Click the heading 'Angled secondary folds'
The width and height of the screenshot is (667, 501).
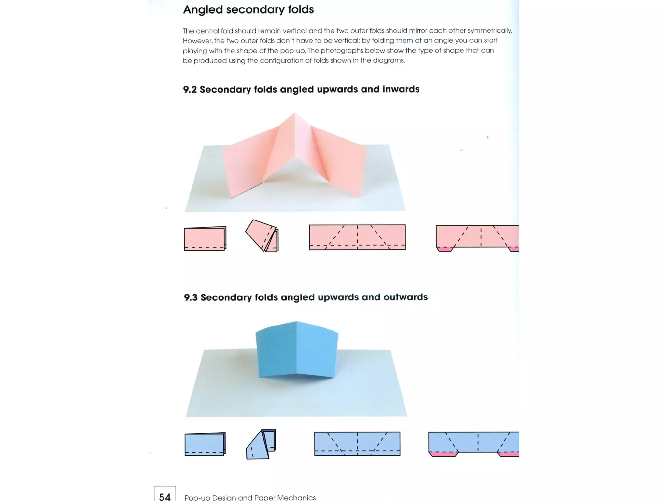coord(248,9)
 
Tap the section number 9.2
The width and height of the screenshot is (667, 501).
coord(190,89)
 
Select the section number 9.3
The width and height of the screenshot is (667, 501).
coord(191,297)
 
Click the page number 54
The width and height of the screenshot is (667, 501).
coord(165,496)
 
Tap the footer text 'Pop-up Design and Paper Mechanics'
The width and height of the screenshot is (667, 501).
coord(250,497)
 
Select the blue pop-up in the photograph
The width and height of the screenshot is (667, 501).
coord(296,351)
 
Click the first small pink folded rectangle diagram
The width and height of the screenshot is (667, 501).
coord(205,238)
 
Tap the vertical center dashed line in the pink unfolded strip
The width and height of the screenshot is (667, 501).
coord(357,237)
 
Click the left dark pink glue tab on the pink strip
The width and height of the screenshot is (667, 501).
coord(445,250)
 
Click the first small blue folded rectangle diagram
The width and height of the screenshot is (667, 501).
coord(205,444)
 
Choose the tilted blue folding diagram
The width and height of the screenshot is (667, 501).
coord(261,445)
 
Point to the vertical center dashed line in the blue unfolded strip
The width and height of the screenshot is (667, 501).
coord(357,444)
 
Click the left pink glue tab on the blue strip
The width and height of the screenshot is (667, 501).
coord(443,454)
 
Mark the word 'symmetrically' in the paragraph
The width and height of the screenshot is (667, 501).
coord(489,30)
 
